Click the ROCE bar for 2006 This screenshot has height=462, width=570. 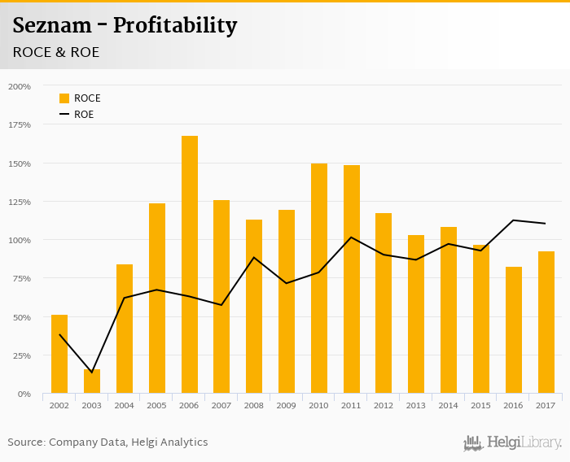pyautogui.click(x=189, y=264)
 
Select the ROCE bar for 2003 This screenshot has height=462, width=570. pyautogui.click(x=92, y=381)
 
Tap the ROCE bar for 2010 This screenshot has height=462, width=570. pyautogui.click(x=319, y=278)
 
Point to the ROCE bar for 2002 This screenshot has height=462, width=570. pyautogui.click(x=59, y=354)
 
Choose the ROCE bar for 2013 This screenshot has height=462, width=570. pyautogui.click(x=416, y=314)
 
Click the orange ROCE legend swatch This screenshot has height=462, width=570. pyautogui.click(x=64, y=98)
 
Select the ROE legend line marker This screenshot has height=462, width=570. pyautogui.click(x=64, y=115)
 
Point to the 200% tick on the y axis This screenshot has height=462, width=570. pyautogui.click(x=20, y=86)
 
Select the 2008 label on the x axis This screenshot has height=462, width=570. pyautogui.click(x=254, y=405)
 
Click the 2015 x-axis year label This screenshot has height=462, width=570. pyautogui.click(x=481, y=405)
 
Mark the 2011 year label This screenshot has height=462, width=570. pyautogui.click(x=352, y=405)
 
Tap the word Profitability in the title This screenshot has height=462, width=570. pyautogui.click(x=175, y=26)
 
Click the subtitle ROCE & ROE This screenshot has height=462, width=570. pyautogui.click(x=55, y=52)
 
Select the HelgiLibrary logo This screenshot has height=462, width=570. pyautogui.click(x=512, y=442)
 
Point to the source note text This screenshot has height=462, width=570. pyautogui.click(x=107, y=442)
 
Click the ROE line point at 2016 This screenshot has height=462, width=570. pyautogui.click(x=514, y=220)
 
